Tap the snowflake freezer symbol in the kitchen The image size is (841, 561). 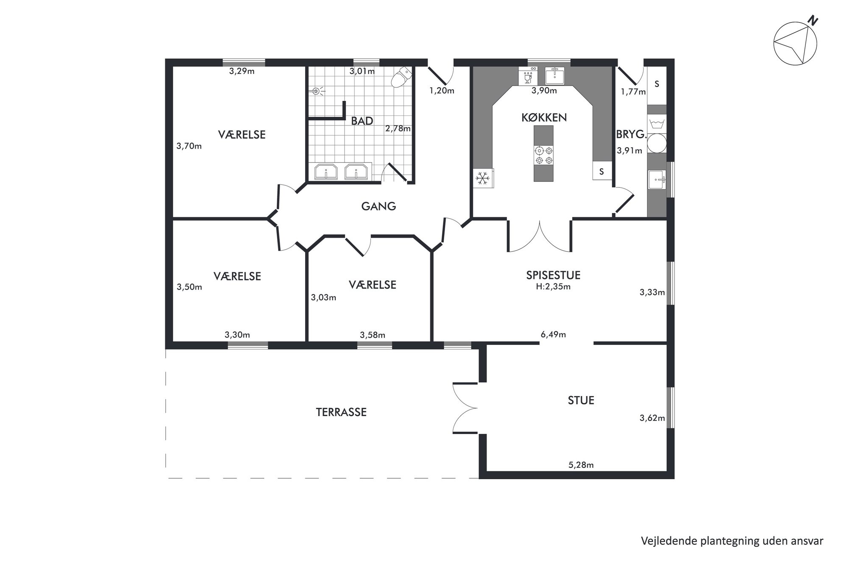point(482,178)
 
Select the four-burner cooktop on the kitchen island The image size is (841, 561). point(544,155)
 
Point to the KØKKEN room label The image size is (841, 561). point(544,118)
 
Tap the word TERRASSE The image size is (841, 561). point(341,412)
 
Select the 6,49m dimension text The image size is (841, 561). point(553,335)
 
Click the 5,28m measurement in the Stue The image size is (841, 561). point(581,465)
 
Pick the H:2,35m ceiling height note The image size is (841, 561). point(553,287)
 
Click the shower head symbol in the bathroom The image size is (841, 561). point(316,91)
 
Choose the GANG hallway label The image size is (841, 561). point(379,207)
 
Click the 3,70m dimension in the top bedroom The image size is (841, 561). point(189,146)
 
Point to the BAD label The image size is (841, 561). point(362,121)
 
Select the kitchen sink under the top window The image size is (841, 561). point(554,76)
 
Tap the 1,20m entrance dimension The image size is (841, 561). point(442,91)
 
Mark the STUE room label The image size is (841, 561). point(581,400)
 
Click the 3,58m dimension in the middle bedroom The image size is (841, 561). point(373,335)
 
